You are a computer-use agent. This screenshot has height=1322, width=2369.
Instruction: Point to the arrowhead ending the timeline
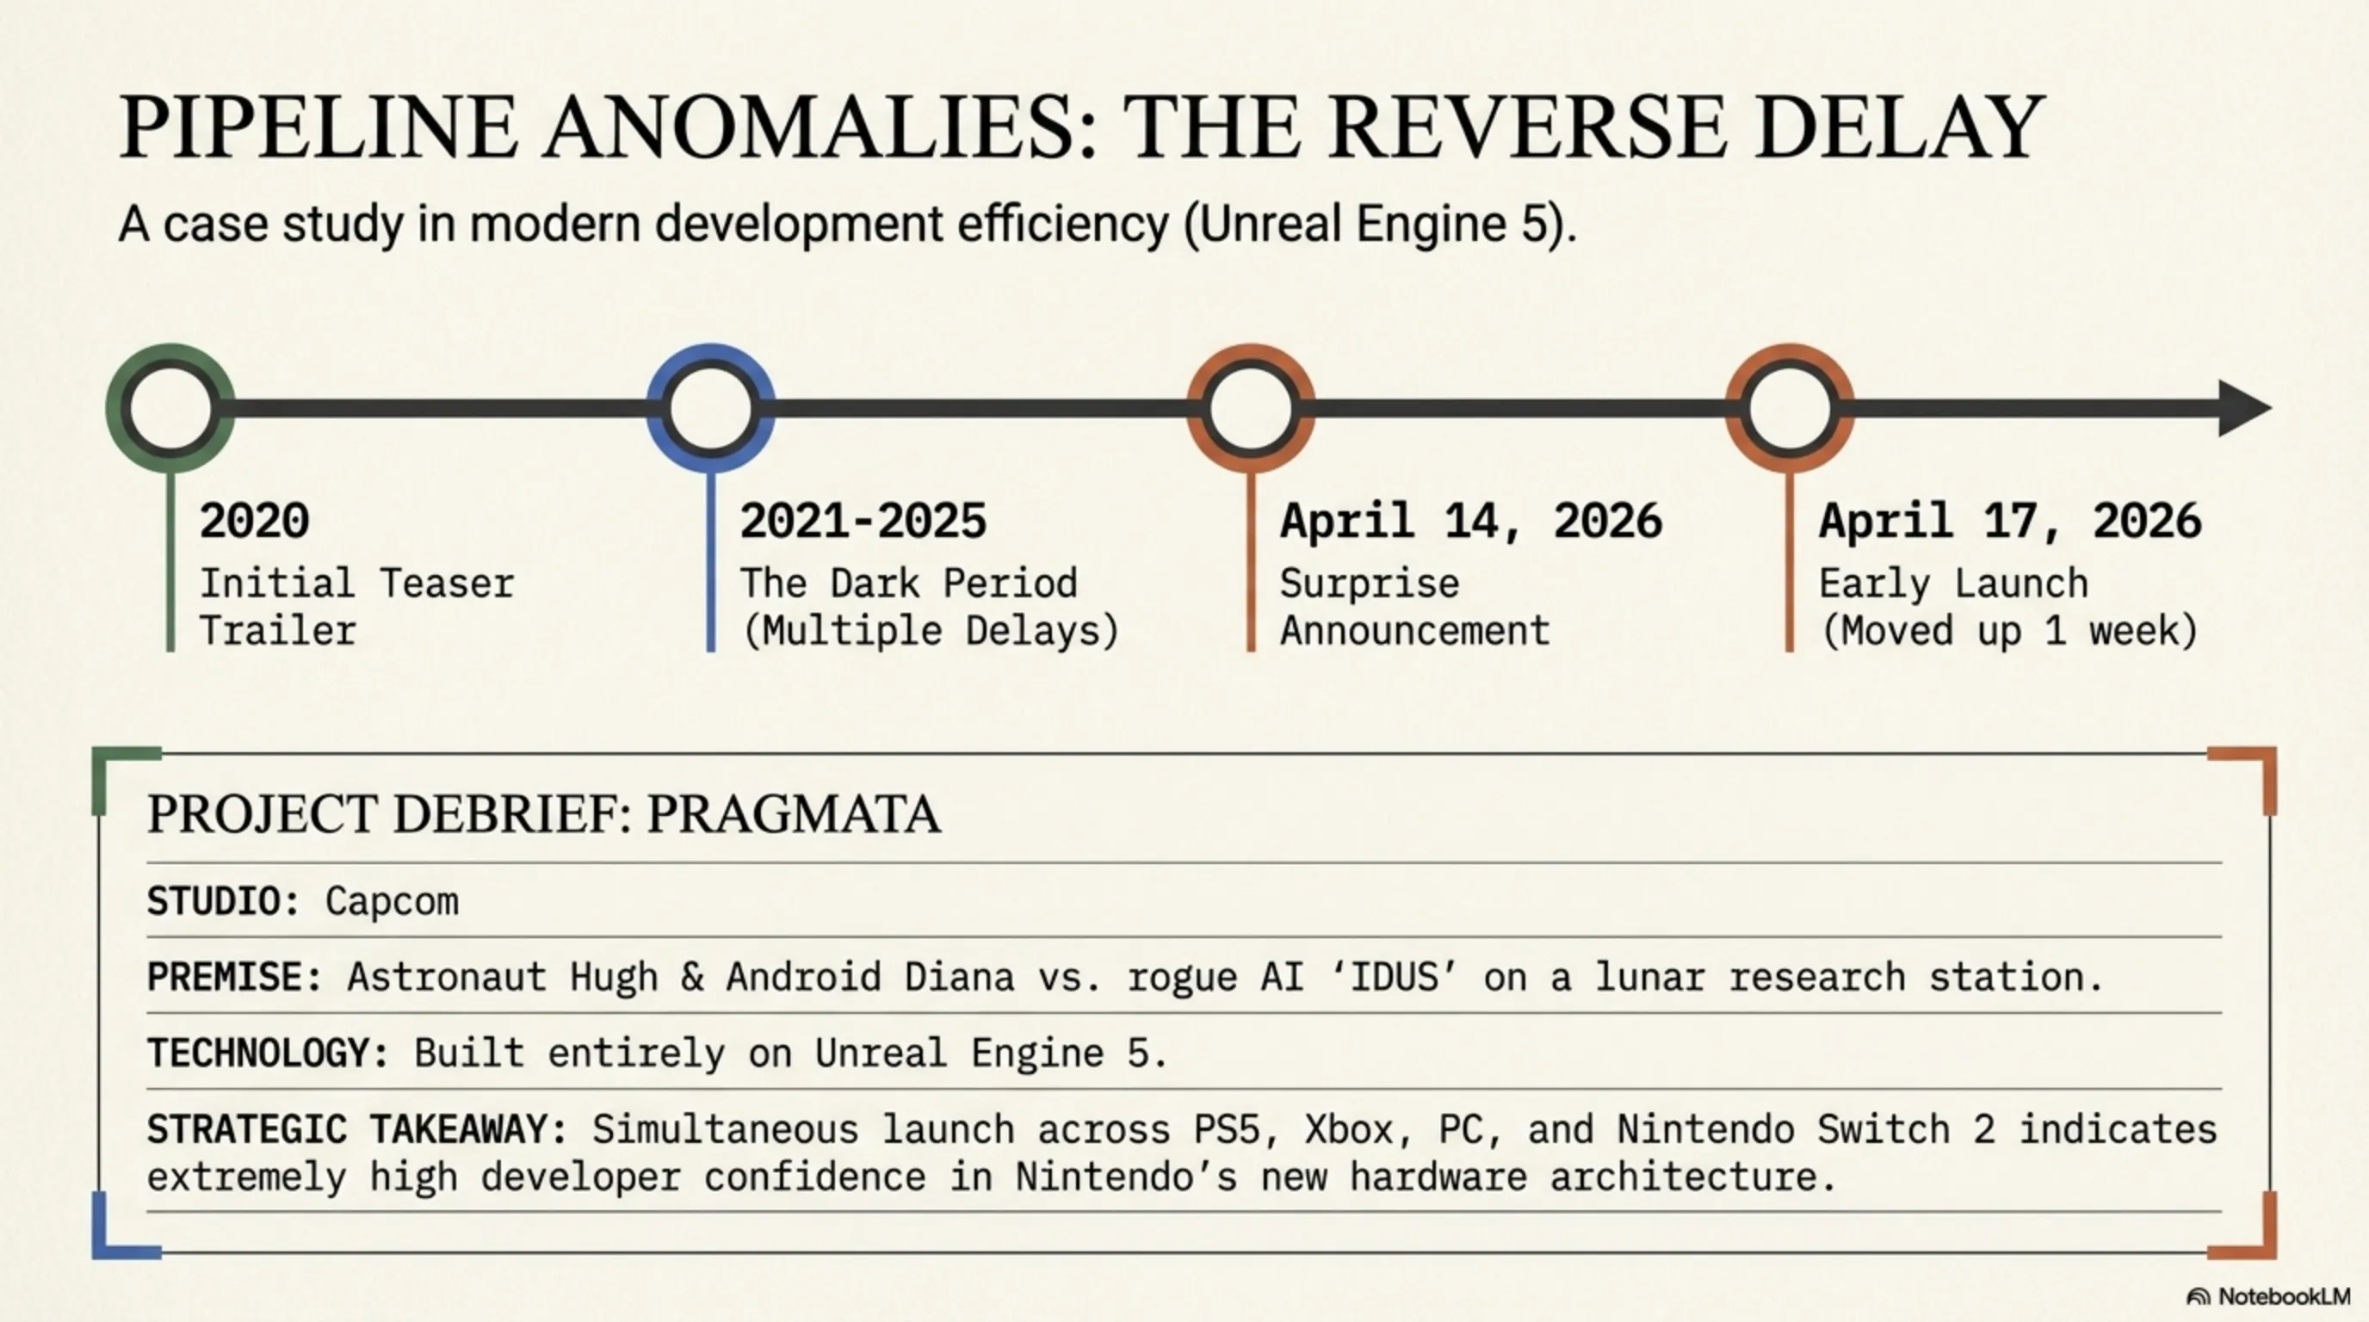tap(2244, 408)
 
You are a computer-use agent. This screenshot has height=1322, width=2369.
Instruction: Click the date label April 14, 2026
tap(1471, 522)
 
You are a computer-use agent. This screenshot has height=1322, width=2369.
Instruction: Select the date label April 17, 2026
tap(2010, 522)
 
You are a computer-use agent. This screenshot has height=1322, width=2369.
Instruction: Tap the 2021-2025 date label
tap(863, 522)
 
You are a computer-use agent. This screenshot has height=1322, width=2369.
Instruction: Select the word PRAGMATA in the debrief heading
tap(794, 813)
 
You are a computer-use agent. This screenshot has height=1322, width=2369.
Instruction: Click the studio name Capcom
tap(392, 902)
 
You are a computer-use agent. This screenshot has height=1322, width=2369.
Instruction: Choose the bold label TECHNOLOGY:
tap(269, 1053)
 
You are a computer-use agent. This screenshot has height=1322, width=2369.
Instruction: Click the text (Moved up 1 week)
tap(2009, 632)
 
